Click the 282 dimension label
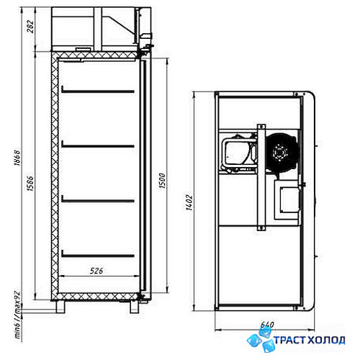point(30,26)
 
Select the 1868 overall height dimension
point(17,158)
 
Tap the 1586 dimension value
point(30,184)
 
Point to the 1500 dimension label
point(163,181)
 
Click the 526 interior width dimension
point(96,271)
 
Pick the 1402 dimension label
point(189,202)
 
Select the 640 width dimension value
point(267,325)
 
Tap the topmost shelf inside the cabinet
point(98,90)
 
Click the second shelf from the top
point(98,145)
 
